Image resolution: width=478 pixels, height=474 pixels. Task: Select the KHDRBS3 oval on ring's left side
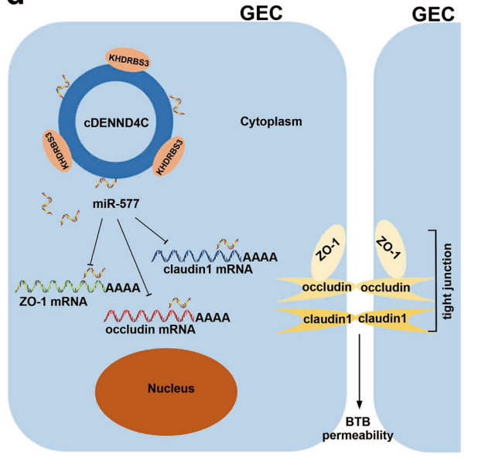(56, 145)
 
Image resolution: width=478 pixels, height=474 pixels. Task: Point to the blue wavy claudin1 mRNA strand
(194, 256)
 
